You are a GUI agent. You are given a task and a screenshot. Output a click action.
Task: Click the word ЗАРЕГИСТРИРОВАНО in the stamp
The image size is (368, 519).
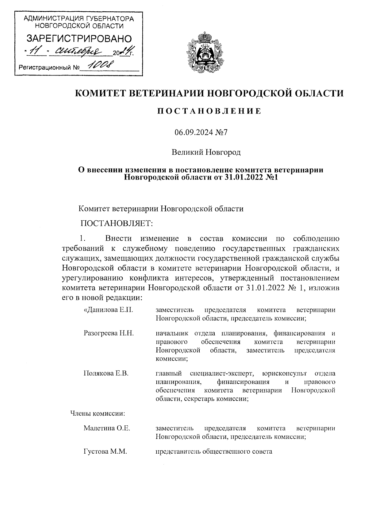(79, 39)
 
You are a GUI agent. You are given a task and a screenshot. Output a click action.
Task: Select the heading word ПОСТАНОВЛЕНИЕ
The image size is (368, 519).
(209, 111)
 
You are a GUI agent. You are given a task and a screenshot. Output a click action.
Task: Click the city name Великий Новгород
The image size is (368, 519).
(206, 152)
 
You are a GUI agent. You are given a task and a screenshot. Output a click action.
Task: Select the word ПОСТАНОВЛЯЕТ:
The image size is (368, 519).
(117, 223)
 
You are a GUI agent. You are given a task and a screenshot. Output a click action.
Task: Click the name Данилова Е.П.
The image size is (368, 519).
(108, 310)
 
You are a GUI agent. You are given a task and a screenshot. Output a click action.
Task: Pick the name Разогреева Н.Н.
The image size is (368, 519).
(109, 333)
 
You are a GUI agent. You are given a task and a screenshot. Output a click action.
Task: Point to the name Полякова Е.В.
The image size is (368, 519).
(106, 374)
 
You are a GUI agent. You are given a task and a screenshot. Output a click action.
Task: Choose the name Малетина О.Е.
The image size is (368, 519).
(107, 428)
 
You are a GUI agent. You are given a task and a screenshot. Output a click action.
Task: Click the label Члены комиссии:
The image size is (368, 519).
(98, 413)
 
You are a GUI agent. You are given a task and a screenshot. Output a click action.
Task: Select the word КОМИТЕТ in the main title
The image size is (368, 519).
(100, 93)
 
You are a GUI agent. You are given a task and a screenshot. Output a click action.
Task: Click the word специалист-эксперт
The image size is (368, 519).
(222, 374)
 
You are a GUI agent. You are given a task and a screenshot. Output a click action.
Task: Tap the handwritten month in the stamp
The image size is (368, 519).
(81, 51)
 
